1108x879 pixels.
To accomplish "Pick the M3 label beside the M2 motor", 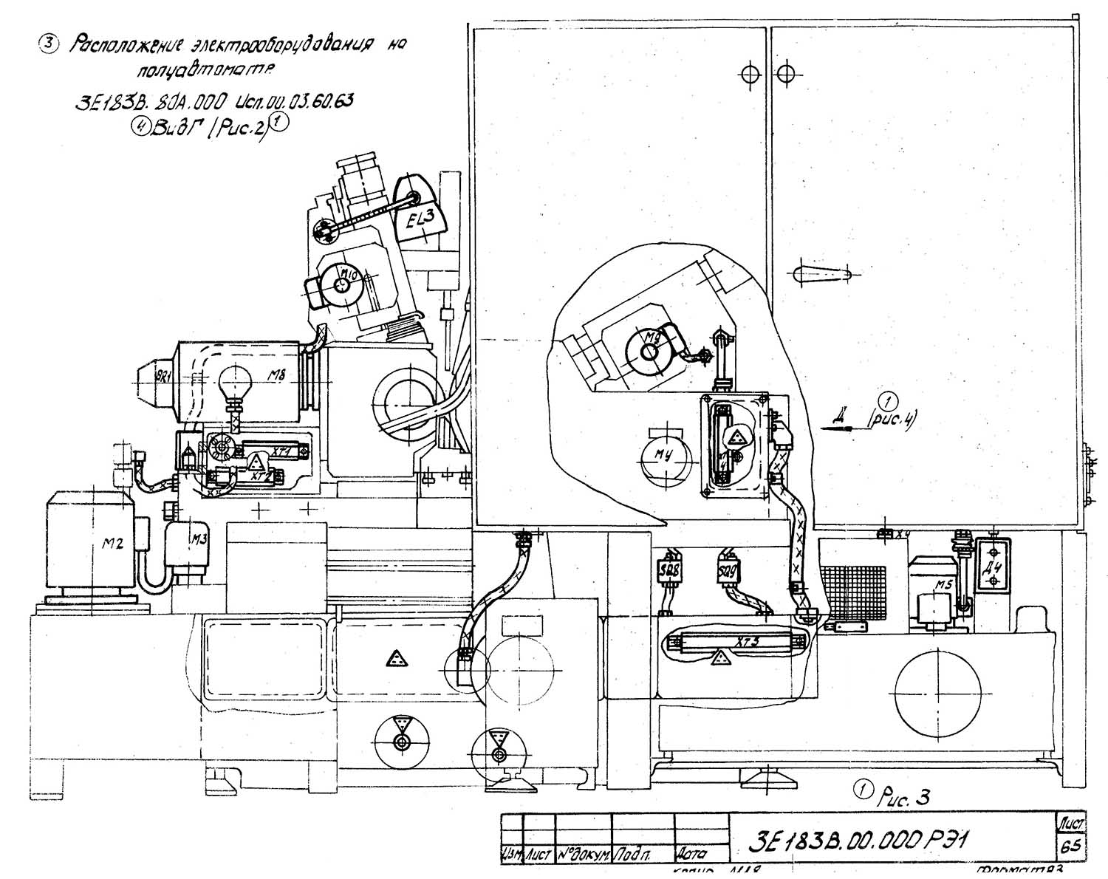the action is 198,538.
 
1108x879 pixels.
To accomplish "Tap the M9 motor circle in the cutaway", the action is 647,350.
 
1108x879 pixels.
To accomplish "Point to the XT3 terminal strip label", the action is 747,643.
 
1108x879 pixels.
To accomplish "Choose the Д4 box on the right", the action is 992,566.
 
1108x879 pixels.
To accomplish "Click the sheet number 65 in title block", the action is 1070,845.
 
